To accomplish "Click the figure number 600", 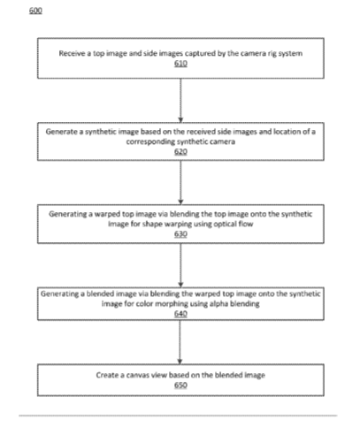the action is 35,11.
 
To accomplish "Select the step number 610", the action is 180,64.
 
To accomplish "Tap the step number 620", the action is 180,152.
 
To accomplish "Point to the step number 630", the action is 180,234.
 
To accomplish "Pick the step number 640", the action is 180,314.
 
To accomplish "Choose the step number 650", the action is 180,385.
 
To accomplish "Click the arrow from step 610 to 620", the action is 180,101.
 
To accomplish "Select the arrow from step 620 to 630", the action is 180,182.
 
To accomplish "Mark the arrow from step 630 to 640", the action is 180,265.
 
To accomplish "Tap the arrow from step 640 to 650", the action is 180,342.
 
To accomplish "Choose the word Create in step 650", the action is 107,375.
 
